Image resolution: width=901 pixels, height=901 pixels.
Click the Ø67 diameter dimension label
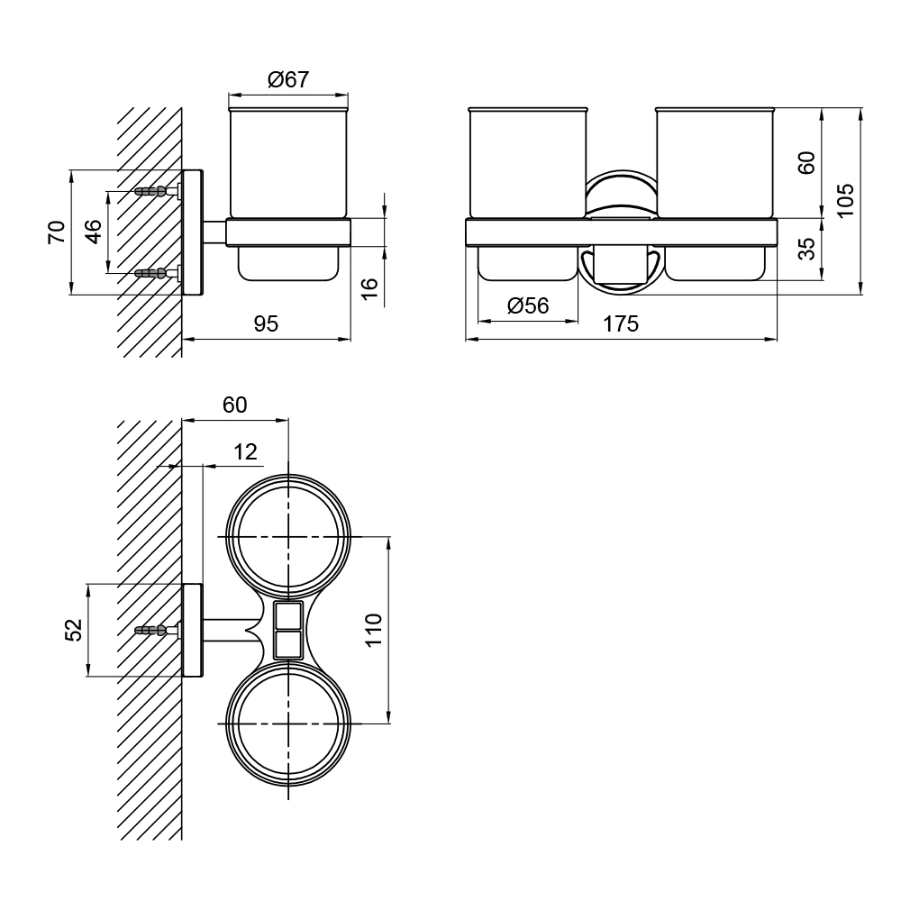click(x=288, y=79)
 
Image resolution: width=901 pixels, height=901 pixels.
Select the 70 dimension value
click(x=58, y=232)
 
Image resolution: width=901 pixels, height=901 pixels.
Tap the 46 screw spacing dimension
click(x=93, y=232)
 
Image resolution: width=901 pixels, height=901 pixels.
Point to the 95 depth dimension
click(x=266, y=324)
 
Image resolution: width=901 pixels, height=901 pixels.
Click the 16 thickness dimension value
click(x=370, y=287)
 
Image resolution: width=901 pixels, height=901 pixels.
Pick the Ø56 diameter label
click(x=528, y=305)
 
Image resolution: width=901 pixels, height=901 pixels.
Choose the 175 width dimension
click(x=621, y=324)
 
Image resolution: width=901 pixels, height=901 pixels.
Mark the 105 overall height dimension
click(x=845, y=200)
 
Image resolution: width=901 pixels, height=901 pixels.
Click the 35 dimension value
click(x=807, y=249)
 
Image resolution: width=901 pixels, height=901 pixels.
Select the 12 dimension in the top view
click(x=245, y=452)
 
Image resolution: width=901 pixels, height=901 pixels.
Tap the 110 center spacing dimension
click(x=373, y=630)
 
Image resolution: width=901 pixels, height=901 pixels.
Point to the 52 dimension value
click(x=74, y=630)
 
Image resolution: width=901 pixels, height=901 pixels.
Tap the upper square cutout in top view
click(x=288, y=616)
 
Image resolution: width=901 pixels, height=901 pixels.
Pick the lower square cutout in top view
click(x=288, y=645)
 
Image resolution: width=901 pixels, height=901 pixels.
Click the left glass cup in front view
click(x=527, y=162)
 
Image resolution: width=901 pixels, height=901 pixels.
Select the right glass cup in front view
click(x=714, y=162)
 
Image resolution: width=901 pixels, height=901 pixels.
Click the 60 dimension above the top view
click(x=234, y=405)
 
